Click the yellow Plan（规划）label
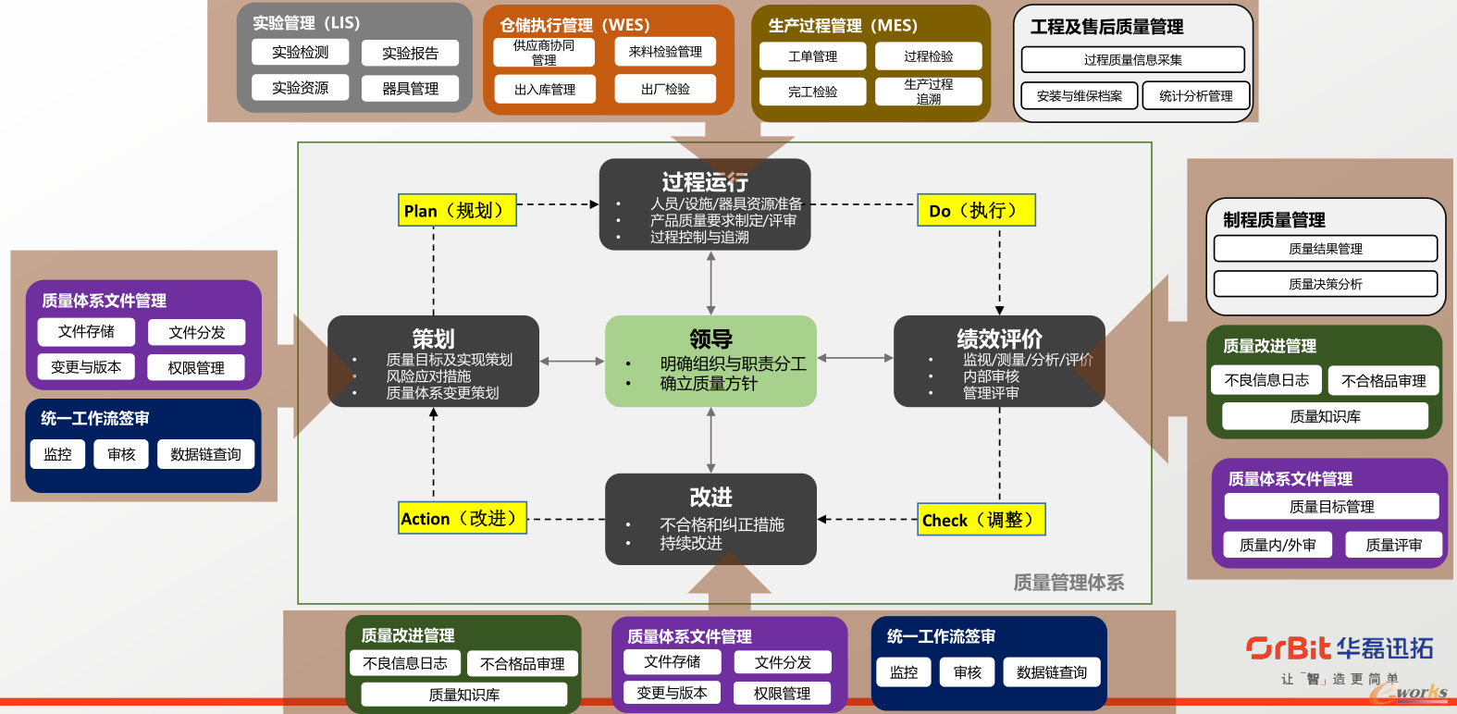[x=457, y=211]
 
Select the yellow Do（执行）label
[x=976, y=211]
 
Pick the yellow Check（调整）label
[x=982, y=520]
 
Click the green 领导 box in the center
[x=710, y=361]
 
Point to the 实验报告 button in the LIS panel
[x=410, y=54]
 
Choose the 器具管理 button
[x=410, y=89]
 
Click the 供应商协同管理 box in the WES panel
[x=544, y=53]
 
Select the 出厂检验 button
[x=665, y=89]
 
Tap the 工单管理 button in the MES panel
[x=812, y=56]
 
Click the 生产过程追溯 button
[x=928, y=92]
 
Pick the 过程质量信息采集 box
[x=1132, y=60]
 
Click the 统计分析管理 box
[x=1195, y=95]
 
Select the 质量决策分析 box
[x=1325, y=284]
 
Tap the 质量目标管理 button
[x=1331, y=507]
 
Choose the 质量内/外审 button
[x=1278, y=545]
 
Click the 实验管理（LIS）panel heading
[x=306, y=23]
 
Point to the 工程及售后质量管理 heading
[x=1107, y=27]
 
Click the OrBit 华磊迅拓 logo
[x=1340, y=648]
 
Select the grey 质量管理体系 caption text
[x=1068, y=582]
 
